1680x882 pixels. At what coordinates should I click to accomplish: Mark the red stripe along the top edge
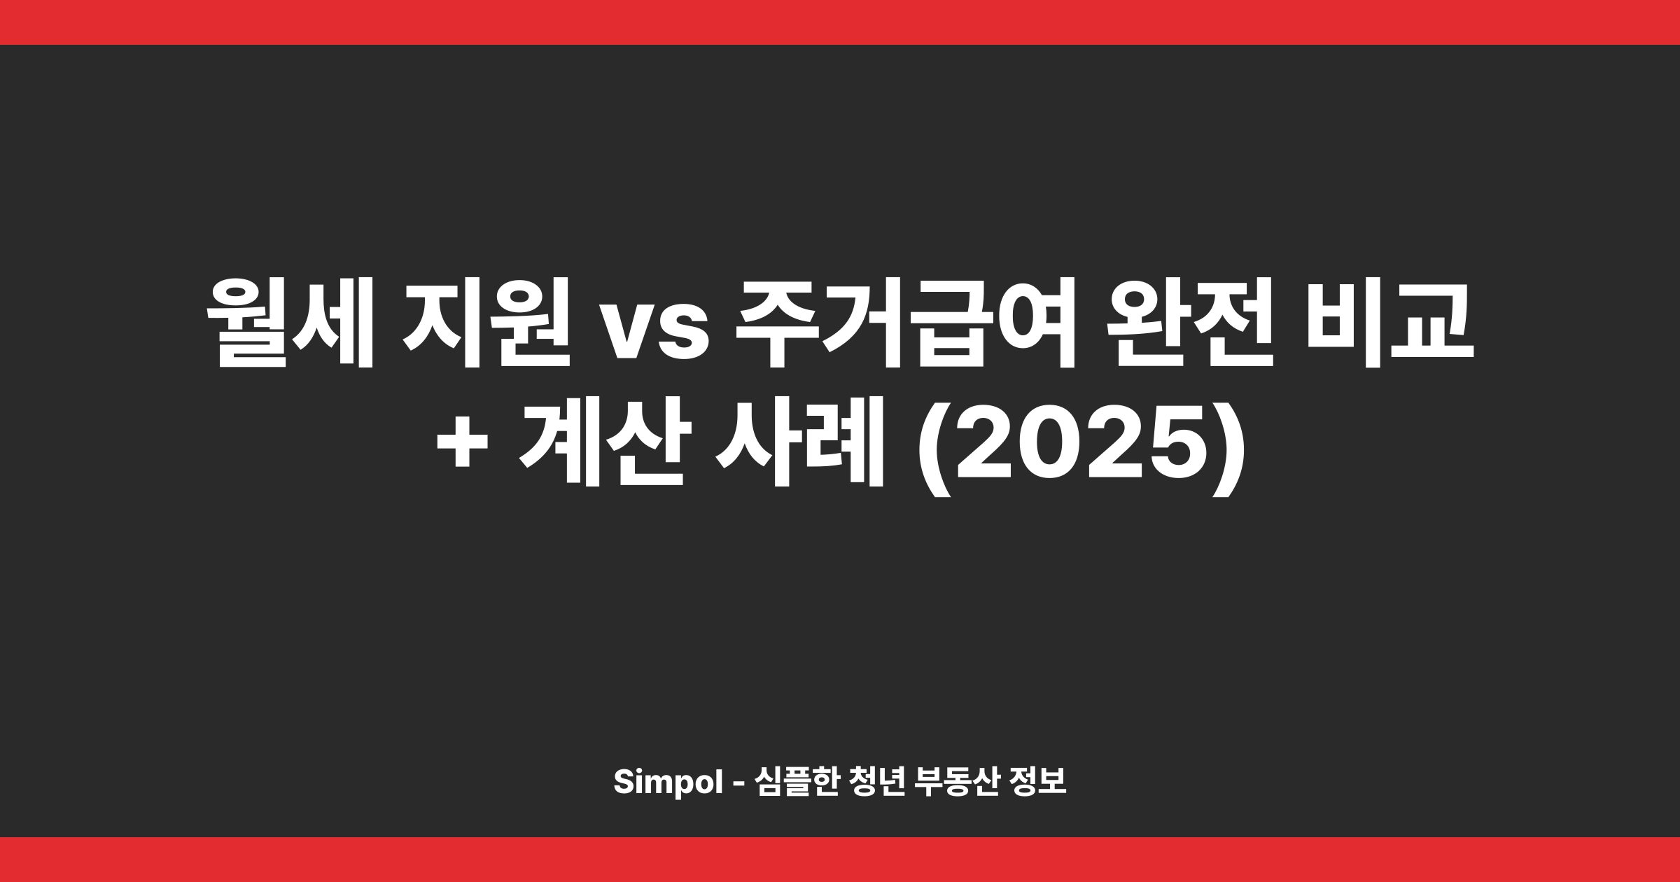pos(840,22)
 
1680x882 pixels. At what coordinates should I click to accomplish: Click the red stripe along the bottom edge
pos(840,860)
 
